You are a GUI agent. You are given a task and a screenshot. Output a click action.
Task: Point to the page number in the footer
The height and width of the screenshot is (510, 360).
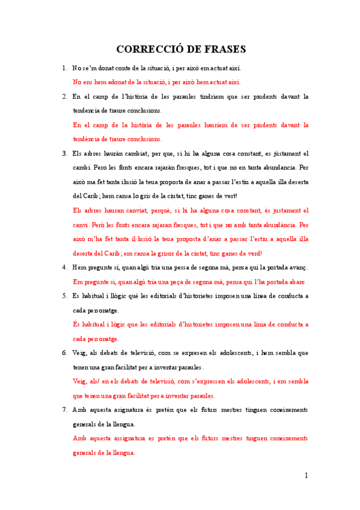pos(306,475)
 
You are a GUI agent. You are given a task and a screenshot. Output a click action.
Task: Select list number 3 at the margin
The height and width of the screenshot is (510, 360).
pos(64,153)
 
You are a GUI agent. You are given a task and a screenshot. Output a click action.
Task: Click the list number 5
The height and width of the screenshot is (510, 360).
pos(64,296)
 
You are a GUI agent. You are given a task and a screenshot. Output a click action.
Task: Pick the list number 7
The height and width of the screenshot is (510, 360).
pos(64,410)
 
